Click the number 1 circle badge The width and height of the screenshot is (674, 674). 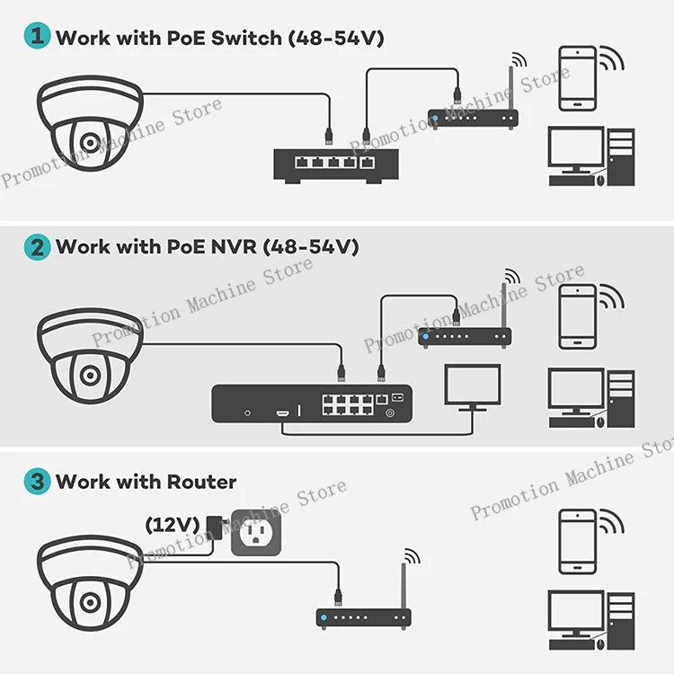click(37, 37)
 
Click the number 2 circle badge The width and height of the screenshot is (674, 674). click(37, 246)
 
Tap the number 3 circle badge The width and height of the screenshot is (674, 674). click(37, 481)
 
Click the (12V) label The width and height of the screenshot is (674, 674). click(173, 523)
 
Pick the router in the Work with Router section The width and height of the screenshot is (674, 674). click(363, 616)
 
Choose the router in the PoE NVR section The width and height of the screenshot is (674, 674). click(466, 336)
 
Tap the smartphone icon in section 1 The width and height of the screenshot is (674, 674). click(577, 78)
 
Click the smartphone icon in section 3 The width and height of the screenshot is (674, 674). click(577, 541)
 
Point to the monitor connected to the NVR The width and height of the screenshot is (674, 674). click(473, 387)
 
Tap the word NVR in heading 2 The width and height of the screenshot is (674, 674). click(233, 247)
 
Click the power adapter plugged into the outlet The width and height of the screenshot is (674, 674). click(216, 528)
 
